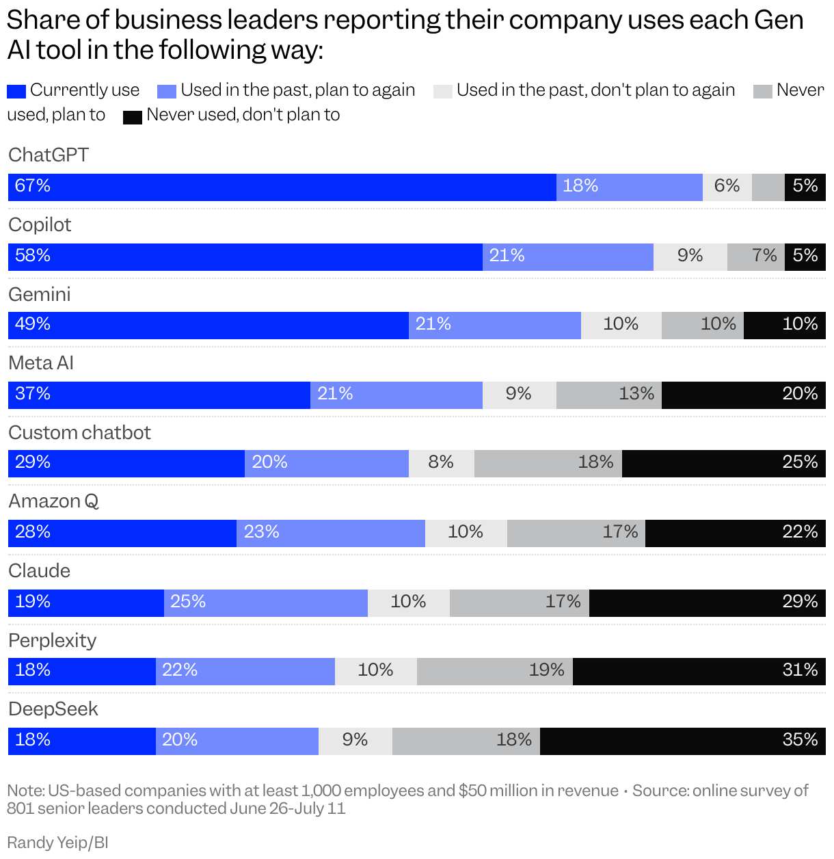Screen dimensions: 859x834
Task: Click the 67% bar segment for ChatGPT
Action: [282, 187]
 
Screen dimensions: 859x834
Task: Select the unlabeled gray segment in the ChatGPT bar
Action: [768, 187]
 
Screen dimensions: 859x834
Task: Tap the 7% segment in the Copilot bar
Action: [755, 257]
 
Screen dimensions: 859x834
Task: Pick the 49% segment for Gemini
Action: [208, 326]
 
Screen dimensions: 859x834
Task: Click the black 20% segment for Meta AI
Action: [743, 395]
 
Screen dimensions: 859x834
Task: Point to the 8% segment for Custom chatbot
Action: [441, 464]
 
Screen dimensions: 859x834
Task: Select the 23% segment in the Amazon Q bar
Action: [330, 533]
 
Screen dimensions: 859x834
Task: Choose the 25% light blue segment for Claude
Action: [265, 603]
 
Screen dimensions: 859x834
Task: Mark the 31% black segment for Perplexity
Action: [699, 672]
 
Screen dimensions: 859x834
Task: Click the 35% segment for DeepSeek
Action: [682, 741]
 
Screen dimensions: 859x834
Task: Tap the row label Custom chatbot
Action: [79, 433]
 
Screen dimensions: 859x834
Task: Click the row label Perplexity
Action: [52, 641]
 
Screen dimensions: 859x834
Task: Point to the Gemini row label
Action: [40, 295]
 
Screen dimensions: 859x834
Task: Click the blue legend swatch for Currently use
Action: [16, 91]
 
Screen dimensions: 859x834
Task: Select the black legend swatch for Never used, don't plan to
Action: [132, 116]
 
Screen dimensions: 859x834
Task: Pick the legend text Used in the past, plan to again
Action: [297, 90]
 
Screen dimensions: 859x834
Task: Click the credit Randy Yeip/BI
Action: [57, 843]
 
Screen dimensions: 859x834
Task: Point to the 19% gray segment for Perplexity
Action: [494, 672]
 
